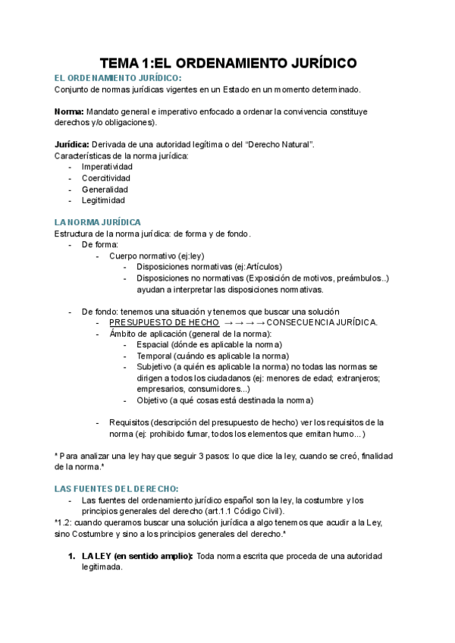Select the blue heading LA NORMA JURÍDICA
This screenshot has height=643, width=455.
(97, 222)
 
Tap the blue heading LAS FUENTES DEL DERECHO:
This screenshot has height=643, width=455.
(116, 489)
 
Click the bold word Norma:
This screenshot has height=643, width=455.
(69, 111)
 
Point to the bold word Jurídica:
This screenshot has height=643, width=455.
(72, 144)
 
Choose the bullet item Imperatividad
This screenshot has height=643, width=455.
(107, 167)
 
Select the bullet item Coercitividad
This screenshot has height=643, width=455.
(106, 178)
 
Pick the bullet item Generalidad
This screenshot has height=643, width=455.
(105, 190)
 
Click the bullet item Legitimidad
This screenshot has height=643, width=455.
(103, 201)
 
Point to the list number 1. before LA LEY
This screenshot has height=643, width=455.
(71, 557)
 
